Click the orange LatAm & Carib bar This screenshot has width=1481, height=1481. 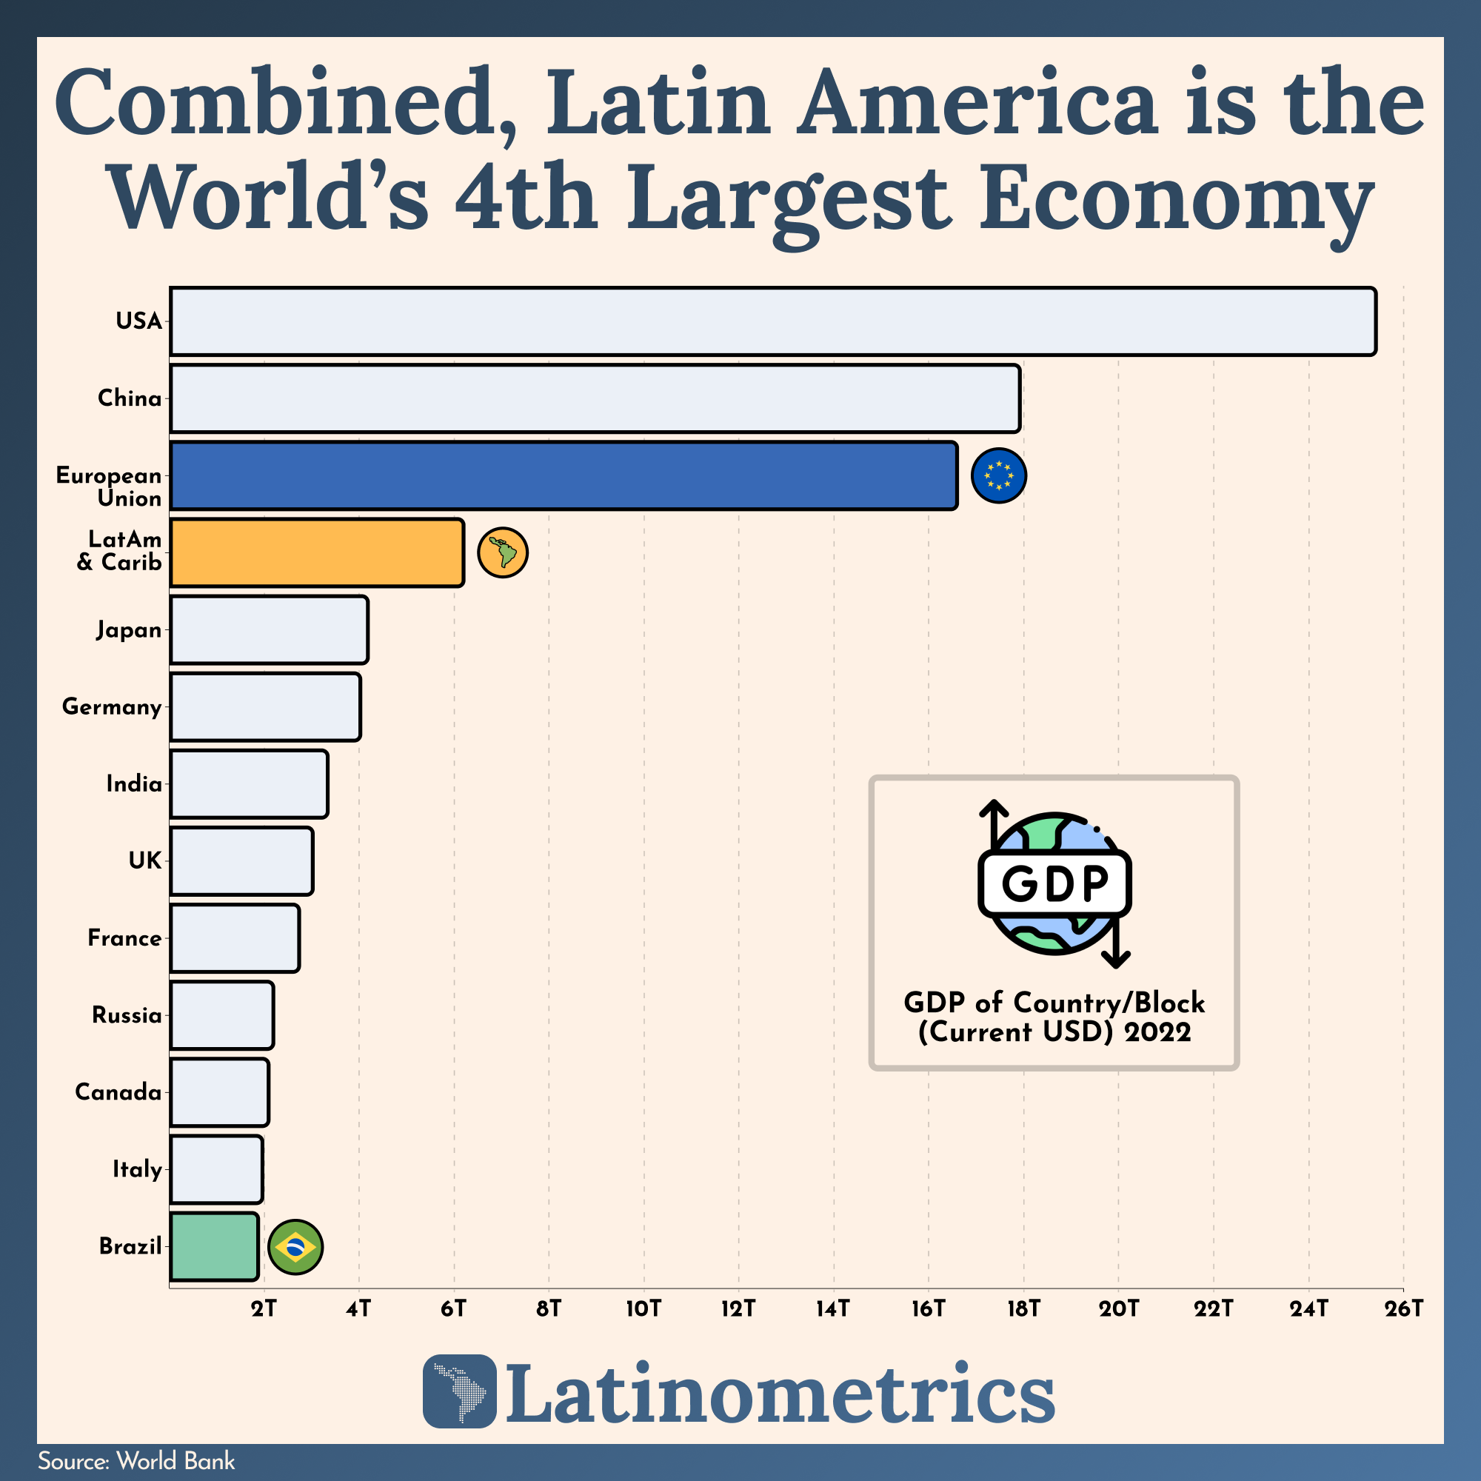pos(317,552)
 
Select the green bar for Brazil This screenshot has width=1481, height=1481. pos(214,1246)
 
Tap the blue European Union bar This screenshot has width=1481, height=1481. pos(564,475)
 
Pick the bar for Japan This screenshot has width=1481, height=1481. pos(268,629)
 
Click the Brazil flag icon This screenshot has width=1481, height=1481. pos(295,1247)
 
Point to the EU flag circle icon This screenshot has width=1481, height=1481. pos(998,475)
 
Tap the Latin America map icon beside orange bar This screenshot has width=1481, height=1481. pos(502,552)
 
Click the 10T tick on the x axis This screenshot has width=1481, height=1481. pos(643,1308)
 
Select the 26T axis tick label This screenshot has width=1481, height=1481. pos(1403,1308)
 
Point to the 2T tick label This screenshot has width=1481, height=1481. pos(264,1308)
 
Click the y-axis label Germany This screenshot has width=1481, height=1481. pos(112,706)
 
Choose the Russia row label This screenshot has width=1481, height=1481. pos(127,1016)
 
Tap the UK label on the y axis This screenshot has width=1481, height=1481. pos(145,861)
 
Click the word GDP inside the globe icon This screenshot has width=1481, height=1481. pos(1054,883)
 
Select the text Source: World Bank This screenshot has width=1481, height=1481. pos(136,1461)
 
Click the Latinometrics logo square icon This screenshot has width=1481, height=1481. pos(459,1391)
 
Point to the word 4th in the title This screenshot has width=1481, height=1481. pos(526,198)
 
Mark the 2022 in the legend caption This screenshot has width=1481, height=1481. pos(1157,1032)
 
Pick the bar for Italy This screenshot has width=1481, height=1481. pos(216,1169)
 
